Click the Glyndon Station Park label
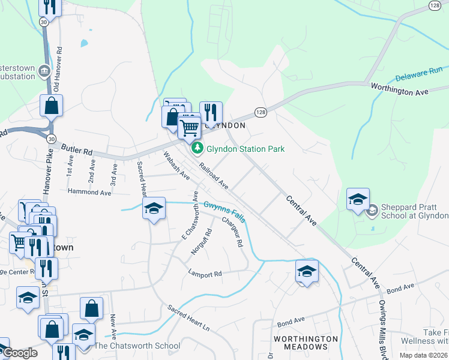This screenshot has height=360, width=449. pos(246,149)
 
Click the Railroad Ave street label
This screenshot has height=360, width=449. pos(214,176)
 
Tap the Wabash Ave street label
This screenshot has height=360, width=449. pos(176,166)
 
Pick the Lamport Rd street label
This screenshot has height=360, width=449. pos(205,274)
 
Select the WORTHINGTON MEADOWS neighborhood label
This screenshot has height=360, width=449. pos(306,343)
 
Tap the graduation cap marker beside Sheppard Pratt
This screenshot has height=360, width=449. pos(358,200)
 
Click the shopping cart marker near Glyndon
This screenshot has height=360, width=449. pos(189,127)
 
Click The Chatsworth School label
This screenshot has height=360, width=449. pos(137,346)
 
